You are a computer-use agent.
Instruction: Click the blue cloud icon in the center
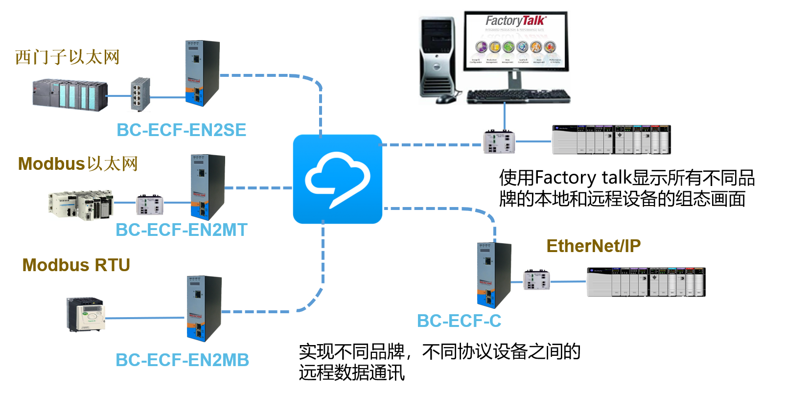(x=337, y=179)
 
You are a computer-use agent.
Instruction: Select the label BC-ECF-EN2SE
(x=181, y=130)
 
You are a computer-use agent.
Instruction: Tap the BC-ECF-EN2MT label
(x=181, y=230)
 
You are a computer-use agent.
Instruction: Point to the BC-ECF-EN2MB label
(x=182, y=360)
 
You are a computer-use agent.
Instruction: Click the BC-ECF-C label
(x=459, y=321)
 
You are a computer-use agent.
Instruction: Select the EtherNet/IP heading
(x=593, y=246)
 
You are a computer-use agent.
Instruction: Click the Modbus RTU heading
(x=76, y=265)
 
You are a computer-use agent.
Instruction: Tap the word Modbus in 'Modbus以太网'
(x=51, y=164)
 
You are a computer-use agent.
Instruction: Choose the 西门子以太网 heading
(x=67, y=57)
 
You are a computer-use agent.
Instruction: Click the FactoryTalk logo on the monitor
(x=515, y=21)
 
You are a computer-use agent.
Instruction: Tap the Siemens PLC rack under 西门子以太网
(x=69, y=94)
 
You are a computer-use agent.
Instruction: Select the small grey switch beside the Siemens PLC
(x=140, y=94)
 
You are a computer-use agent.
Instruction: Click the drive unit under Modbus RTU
(x=86, y=314)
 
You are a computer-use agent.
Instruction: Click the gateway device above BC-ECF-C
(x=493, y=275)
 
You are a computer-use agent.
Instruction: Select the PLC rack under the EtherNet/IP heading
(x=646, y=282)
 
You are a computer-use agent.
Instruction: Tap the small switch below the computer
(x=499, y=142)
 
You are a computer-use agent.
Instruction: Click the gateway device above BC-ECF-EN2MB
(x=203, y=308)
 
